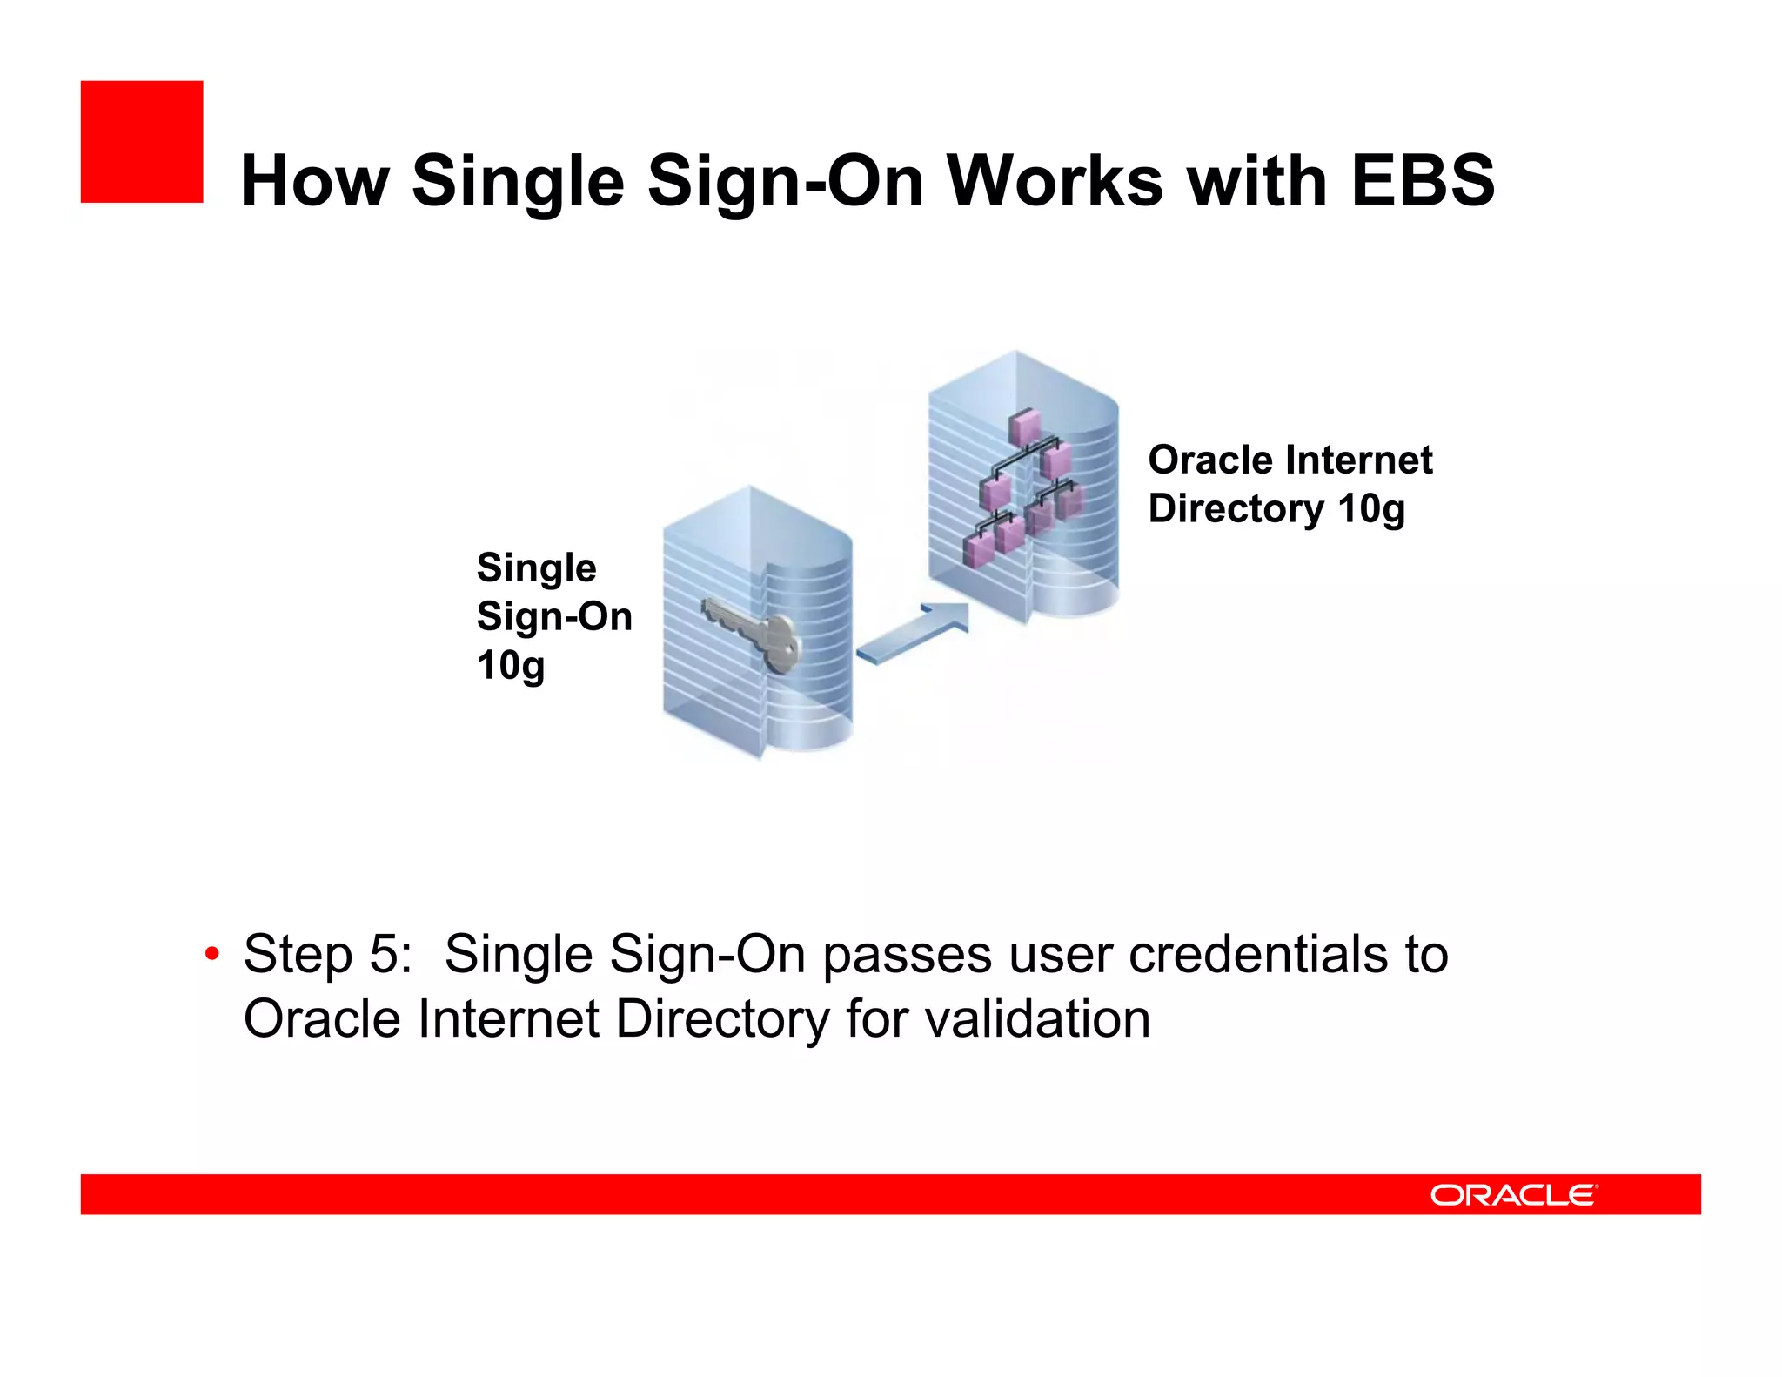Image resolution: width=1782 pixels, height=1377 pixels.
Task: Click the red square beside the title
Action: (x=141, y=141)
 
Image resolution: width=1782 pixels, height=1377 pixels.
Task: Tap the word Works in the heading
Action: (x=1055, y=180)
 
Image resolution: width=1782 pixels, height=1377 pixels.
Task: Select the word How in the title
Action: (x=313, y=180)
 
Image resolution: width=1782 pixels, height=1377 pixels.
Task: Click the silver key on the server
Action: (x=753, y=634)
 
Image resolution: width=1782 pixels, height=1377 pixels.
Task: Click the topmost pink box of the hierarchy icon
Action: (x=1025, y=426)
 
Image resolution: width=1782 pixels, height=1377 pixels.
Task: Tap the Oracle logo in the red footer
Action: (x=1513, y=1194)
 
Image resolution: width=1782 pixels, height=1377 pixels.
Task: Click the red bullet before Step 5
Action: (x=211, y=955)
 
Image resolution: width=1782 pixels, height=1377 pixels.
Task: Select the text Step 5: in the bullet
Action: (x=327, y=954)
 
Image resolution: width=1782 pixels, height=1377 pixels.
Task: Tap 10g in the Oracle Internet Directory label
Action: (x=1371, y=508)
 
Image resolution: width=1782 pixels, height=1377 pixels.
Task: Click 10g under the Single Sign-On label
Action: (x=511, y=666)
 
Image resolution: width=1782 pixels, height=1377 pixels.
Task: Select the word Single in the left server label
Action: (x=536, y=568)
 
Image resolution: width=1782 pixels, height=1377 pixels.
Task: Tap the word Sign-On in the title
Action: (x=785, y=180)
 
